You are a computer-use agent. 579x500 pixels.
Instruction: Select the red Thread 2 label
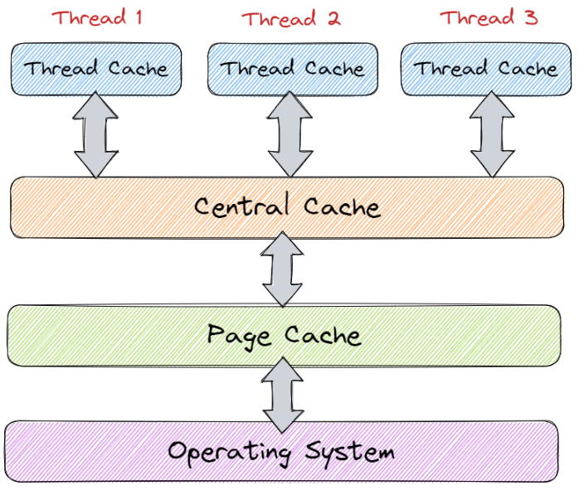point(290,18)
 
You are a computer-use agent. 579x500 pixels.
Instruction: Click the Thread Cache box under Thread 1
point(96,68)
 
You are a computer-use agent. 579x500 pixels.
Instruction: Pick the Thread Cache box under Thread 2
point(292,68)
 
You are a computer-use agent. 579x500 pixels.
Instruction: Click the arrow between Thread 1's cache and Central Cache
point(96,135)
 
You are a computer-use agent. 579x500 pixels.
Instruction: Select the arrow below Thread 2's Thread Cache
point(290,135)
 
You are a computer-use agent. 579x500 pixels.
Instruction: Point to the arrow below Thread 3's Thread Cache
point(492,135)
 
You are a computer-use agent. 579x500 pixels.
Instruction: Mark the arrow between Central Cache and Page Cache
point(284,269)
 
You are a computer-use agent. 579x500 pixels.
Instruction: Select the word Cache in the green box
point(323,335)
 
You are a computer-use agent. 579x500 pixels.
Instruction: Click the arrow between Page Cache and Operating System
point(284,395)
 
